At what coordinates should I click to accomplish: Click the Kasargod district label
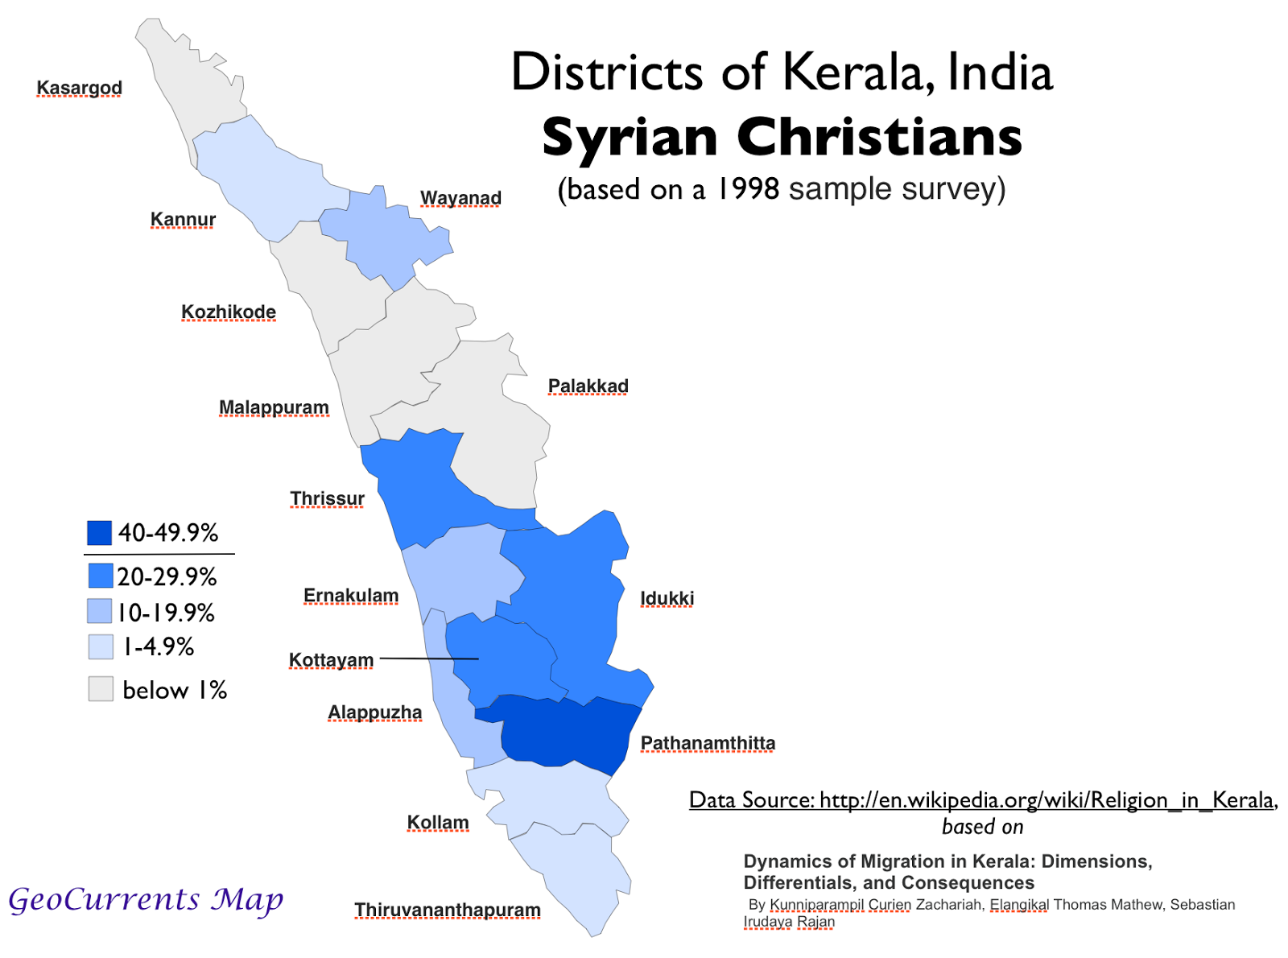(x=79, y=88)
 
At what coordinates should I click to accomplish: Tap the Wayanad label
(x=460, y=198)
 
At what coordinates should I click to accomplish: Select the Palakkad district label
(x=588, y=386)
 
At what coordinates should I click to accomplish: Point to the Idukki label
(x=667, y=598)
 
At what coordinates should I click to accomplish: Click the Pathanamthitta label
(x=708, y=743)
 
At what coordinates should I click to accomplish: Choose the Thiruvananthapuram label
(x=447, y=910)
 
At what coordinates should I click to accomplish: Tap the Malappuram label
(x=274, y=407)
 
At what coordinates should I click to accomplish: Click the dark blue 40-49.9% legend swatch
(x=99, y=533)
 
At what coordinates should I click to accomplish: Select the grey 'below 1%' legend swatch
(x=101, y=689)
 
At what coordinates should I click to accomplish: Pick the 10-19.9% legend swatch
(x=99, y=611)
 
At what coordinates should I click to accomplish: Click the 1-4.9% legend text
(x=158, y=646)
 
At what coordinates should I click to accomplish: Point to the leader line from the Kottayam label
(x=428, y=659)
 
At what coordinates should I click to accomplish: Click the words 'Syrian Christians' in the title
(x=782, y=137)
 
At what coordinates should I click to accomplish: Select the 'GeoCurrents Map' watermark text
(x=146, y=899)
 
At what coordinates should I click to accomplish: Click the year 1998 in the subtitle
(x=748, y=189)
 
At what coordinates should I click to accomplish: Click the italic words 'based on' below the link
(x=982, y=827)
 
